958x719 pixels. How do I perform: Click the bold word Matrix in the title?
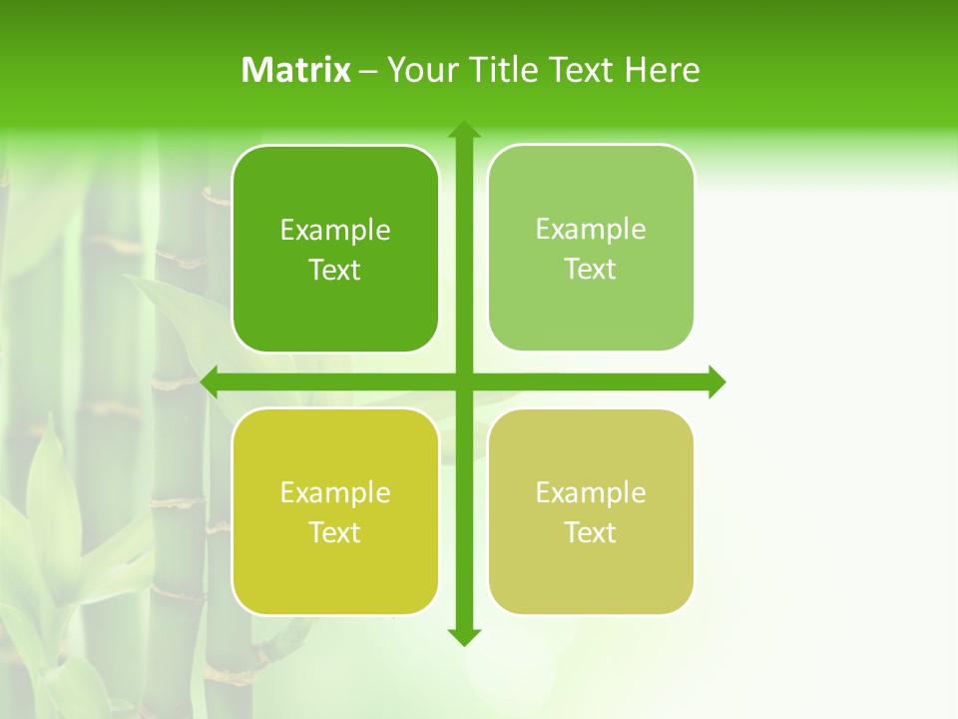(x=295, y=70)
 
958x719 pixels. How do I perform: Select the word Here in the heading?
(x=662, y=70)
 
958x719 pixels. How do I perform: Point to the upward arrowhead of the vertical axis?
(x=463, y=130)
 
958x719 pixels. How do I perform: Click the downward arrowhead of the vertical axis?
(x=463, y=636)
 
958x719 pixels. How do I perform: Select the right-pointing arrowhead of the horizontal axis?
(x=716, y=381)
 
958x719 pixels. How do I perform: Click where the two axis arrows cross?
(x=463, y=381)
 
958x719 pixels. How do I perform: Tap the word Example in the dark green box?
(x=335, y=231)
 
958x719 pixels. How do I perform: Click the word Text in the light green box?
(x=591, y=270)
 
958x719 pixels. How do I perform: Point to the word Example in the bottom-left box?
(x=335, y=493)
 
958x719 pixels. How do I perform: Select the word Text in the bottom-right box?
(x=591, y=533)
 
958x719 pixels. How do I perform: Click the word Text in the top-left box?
(x=335, y=271)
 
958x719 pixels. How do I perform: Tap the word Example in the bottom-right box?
(x=591, y=493)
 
